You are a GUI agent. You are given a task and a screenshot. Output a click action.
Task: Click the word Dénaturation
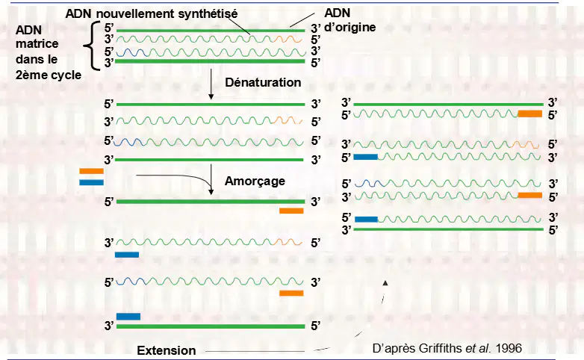tap(263, 82)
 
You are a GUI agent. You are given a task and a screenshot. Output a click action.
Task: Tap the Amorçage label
tap(255, 181)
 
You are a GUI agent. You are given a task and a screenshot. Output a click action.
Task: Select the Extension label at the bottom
tap(166, 350)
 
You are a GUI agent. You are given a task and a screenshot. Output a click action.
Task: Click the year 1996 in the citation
tap(509, 348)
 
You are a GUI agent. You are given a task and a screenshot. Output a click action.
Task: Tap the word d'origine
tap(350, 27)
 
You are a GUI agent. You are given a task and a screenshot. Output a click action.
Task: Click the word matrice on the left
tap(37, 43)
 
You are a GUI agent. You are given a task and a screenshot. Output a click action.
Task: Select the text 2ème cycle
tap(49, 75)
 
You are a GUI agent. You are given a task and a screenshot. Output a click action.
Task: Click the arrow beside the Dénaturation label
tap(211, 84)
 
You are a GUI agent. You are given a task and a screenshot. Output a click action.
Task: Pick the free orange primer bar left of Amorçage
tap(91, 171)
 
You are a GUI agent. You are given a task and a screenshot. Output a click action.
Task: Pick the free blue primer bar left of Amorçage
tap(91, 182)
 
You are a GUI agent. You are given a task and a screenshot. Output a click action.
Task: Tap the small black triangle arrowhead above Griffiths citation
tap(385, 283)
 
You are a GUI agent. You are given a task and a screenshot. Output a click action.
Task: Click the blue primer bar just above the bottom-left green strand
tap(128, 317)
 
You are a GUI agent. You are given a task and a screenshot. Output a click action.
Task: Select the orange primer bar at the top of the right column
tap(530, 114)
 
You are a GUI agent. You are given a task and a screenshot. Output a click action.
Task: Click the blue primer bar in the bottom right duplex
tap(366, 219)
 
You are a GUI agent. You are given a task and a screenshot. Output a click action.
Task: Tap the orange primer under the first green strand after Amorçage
tap(291, 211)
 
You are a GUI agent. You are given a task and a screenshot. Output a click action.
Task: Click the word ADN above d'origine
tap(337, 13)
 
